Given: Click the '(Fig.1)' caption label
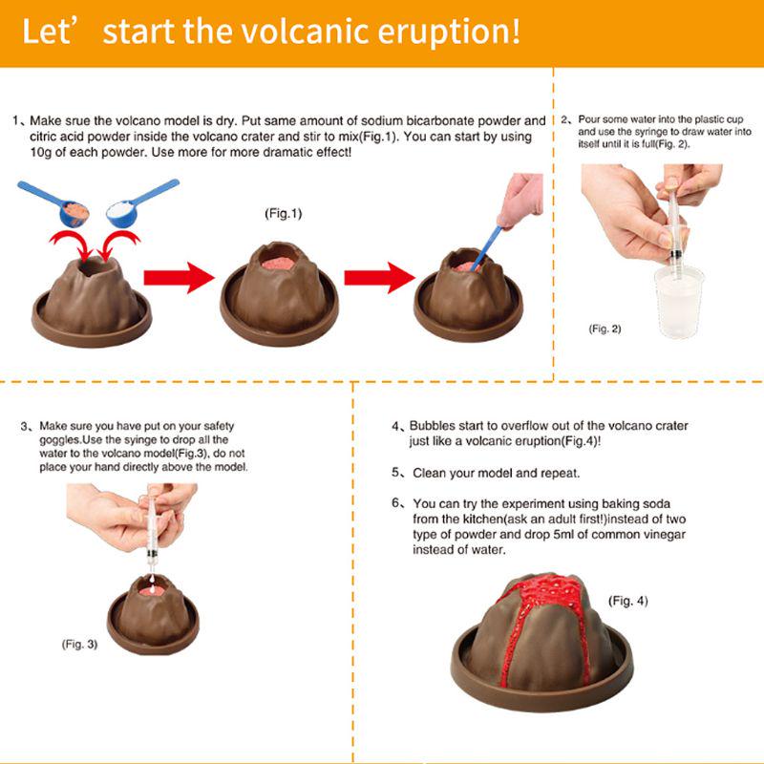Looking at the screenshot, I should click(283, 214).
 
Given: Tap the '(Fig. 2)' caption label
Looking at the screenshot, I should click(605, 329).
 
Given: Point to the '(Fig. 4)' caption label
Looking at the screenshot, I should click(627, 601).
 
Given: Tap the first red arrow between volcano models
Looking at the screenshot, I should click(179, 279).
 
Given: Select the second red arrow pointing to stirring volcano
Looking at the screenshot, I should click(379, 278).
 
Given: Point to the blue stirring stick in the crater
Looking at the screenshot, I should click(489, 241).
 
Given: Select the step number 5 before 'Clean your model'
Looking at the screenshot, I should click(397, 473).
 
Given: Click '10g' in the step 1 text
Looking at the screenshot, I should click(42, 153).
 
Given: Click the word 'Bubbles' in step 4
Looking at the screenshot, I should click(435, 426).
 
